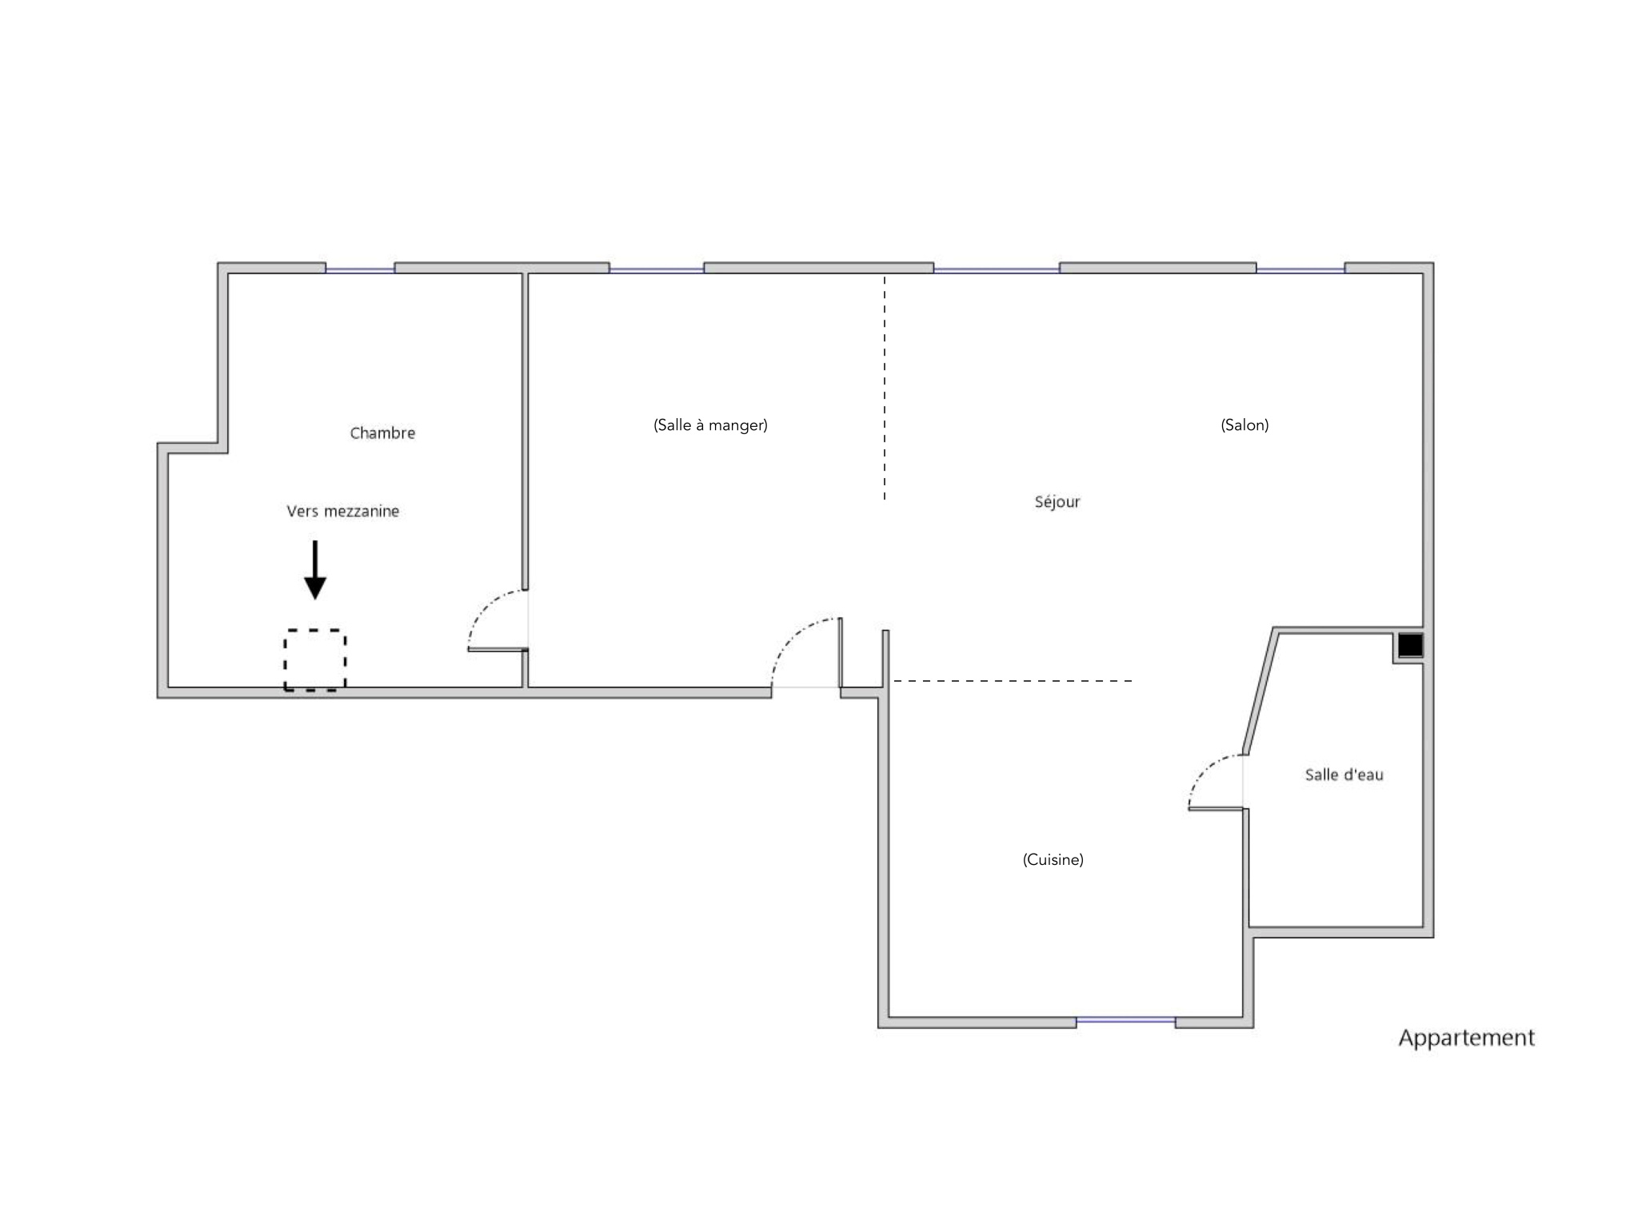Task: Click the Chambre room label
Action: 382,432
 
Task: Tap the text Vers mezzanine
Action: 343,511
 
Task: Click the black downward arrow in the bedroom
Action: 315,570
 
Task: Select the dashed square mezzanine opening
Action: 315,659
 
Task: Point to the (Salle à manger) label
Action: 710,424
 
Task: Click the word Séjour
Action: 1057,502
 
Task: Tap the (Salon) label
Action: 1244,424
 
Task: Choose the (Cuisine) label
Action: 1053,859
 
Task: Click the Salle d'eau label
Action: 1344,775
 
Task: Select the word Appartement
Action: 1467,1038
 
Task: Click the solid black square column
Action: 1410,645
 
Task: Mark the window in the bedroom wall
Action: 360,269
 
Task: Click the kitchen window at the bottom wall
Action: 1125,1020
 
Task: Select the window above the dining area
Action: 657,269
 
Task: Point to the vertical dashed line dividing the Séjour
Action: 885,388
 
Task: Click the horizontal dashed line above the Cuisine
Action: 1013,681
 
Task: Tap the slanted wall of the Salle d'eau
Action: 1260,691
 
